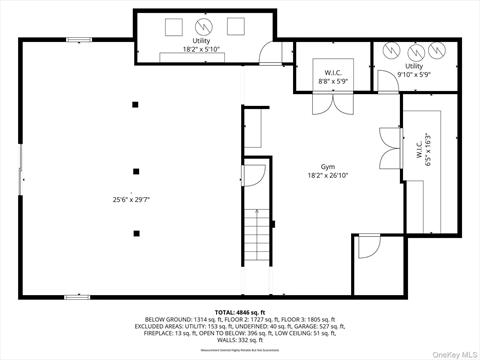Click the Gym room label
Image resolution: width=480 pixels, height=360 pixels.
click(327, 166)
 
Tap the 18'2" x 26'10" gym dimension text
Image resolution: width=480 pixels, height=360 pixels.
click(327, 176)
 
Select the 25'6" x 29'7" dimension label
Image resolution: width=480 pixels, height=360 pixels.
click(132, 199)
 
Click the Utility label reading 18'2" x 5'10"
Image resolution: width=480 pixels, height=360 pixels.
click(202, 49)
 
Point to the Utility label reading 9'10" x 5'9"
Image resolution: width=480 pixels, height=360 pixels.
click(413, 71)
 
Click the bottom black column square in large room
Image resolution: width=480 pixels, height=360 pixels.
click(136, 233)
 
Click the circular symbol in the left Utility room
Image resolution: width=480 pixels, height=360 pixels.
click(204, 26)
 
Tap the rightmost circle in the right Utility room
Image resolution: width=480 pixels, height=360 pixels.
click(436, 51)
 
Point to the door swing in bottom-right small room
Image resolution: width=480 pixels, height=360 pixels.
click(368, 245)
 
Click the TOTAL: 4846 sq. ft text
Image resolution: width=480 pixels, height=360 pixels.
click(239, 313)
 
